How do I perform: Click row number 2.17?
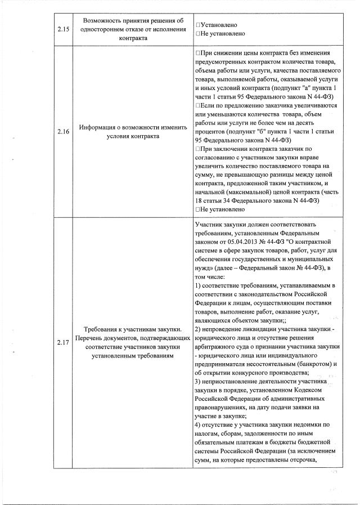tap(62, 342)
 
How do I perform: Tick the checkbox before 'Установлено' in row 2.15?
tap(199, 25)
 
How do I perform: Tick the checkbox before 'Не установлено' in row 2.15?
tap(199, 34)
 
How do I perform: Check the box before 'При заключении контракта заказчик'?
tap(199, 148)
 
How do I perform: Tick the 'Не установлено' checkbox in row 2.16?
tap(199, 209)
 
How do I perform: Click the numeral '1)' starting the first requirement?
tap(197, 287)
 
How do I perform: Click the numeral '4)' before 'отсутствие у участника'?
tap(197, 424)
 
